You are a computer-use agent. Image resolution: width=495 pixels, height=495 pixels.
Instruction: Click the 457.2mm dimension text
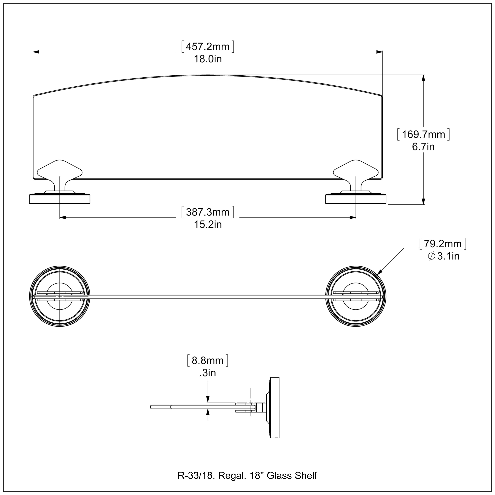point(208,47)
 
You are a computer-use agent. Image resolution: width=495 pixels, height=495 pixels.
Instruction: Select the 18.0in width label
point(208,59)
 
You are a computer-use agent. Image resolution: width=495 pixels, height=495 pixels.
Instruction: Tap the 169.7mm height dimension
point(423,134)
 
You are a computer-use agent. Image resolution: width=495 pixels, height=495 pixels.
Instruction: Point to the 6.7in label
point(423,147)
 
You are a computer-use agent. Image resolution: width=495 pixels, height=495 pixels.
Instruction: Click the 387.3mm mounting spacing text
point(208,212)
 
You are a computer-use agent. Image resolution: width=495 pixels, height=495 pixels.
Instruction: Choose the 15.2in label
point(208,225)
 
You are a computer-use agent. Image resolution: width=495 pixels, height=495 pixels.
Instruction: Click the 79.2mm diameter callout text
point(443,244)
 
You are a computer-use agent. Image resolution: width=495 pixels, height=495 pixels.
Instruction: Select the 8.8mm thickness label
point(208,361)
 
